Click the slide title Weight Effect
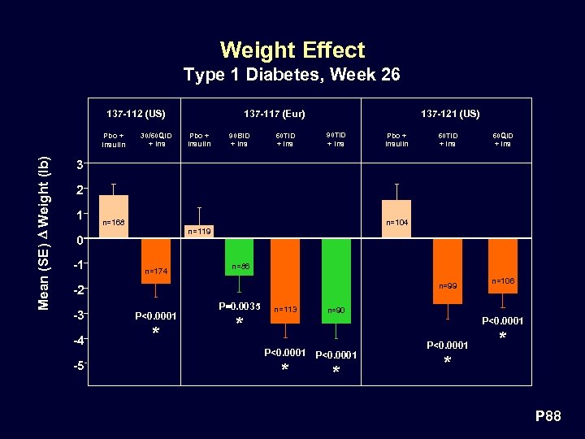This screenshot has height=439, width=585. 292,50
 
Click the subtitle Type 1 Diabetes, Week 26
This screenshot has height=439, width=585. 292,76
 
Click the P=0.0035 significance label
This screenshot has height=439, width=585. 240,306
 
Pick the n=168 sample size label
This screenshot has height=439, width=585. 113,222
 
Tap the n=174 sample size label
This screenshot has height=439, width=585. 156,271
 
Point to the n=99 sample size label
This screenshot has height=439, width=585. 448,285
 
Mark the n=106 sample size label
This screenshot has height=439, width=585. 503,280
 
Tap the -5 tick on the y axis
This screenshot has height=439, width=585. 76,365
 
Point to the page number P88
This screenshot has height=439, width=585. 547,417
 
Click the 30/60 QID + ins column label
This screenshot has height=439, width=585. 156,140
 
